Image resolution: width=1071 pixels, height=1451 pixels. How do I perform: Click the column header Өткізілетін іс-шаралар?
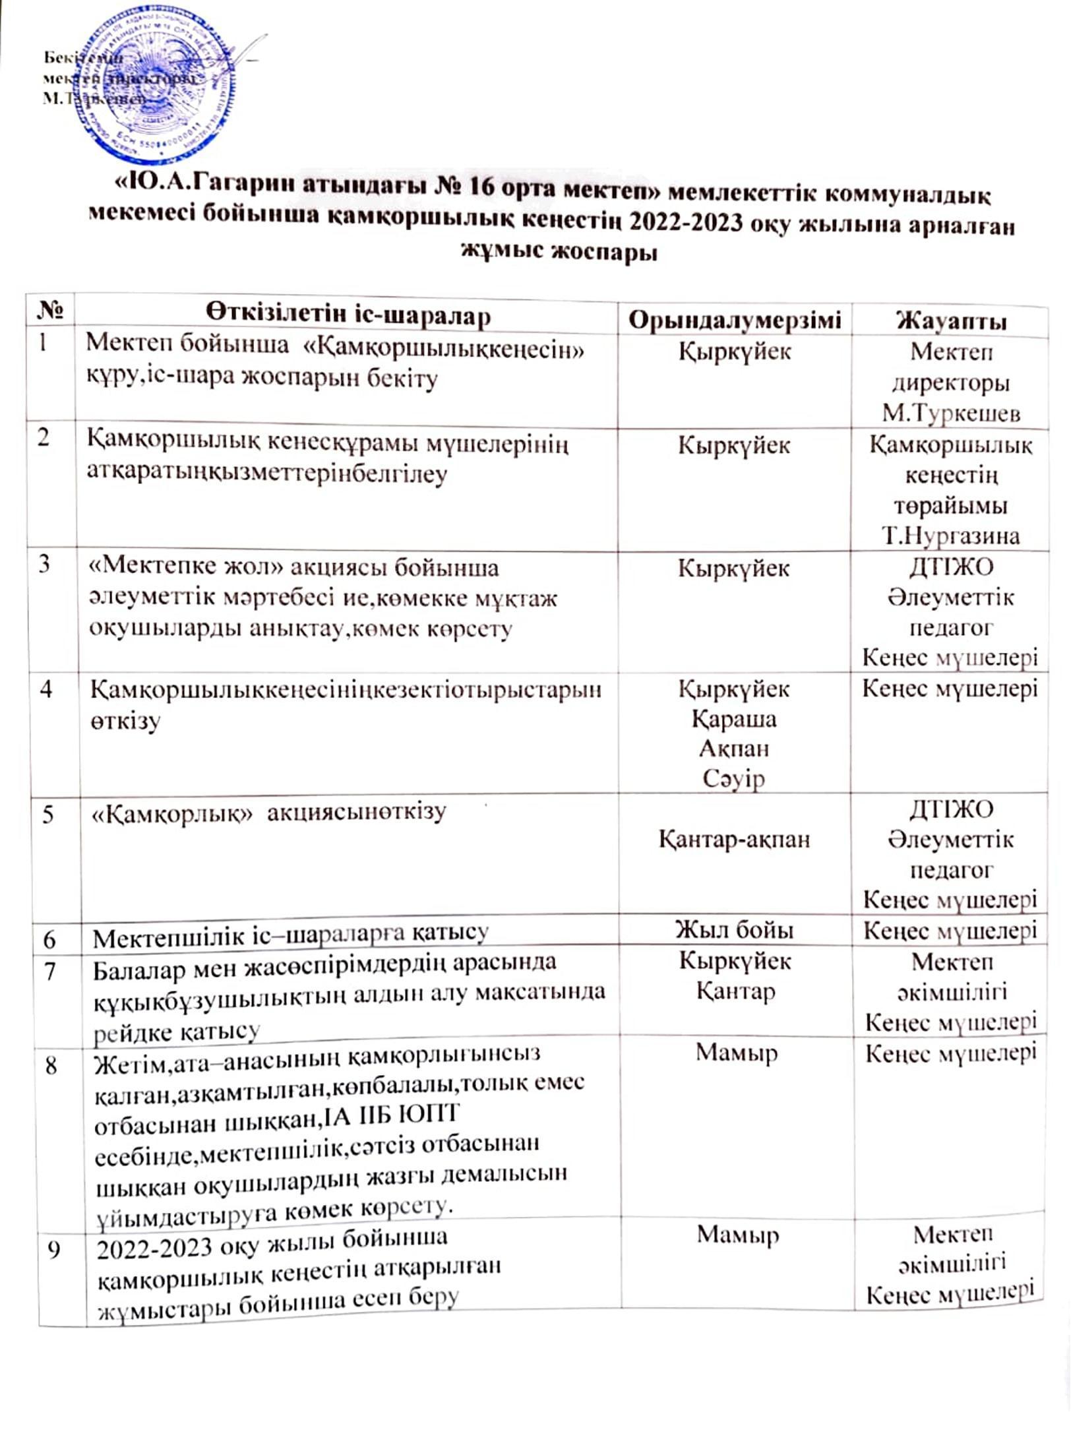(x=350, y=315)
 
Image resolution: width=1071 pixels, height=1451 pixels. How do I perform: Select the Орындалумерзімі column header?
(x=735, y=320)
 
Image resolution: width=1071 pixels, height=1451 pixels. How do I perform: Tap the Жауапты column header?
(x=950, y=322)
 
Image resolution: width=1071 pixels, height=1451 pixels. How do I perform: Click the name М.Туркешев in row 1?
(x=951, y=414)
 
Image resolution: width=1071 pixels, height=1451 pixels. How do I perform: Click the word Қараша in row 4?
(x=735, y=719)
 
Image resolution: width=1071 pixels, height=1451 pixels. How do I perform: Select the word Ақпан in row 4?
(x=735, y=749)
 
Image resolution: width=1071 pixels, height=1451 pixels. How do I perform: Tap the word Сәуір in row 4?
(x=734, y=779)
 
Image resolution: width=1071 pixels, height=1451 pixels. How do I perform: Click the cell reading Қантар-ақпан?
(x=735, y=840)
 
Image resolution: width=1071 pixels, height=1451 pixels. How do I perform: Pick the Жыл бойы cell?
(x=735, y=930)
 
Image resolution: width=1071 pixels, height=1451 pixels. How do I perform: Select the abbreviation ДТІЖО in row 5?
(x=951, y=809)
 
